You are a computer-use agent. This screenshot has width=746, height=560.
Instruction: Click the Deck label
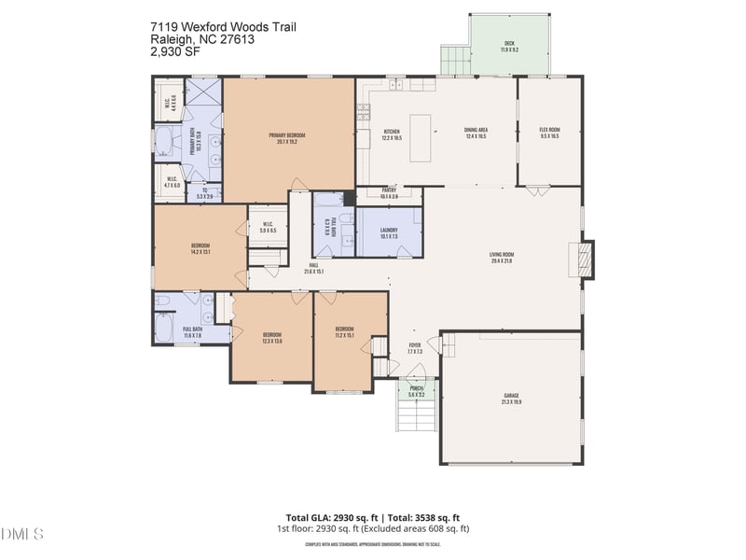[x=509, y=46]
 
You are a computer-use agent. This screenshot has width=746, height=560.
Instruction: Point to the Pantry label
[x=389, y=193]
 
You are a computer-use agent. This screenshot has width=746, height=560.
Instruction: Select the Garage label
[x=511, y=399]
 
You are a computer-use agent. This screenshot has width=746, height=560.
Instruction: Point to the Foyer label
[x=415, y=348]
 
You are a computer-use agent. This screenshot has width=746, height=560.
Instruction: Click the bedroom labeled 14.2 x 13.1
[x=200, y=248]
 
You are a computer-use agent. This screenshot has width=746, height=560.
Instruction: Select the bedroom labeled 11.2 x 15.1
[x=344, y=331]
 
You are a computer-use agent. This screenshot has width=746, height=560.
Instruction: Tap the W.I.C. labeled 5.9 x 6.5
[x=267, y=227]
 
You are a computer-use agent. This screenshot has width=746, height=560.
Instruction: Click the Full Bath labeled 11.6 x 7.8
[x=192, y=331]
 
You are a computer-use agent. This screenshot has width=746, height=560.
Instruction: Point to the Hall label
[x=313, y=268]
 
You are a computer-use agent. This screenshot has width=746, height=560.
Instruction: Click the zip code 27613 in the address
[x=233, y=40]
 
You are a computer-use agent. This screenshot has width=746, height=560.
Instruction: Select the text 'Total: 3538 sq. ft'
[x=423, y=517]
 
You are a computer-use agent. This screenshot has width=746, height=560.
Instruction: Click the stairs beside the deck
[x=455, y=61]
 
